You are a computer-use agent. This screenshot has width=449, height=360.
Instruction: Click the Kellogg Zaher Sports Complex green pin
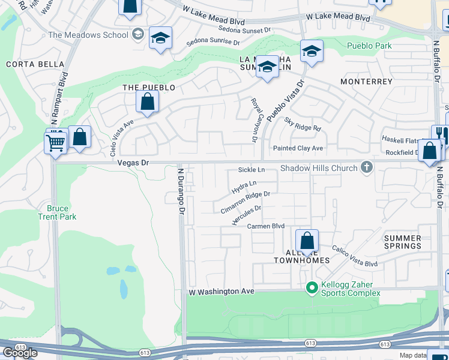coord(312,289)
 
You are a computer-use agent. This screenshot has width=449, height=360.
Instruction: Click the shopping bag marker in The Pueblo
coord(148,102)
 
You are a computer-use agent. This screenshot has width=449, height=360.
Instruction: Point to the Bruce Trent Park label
coord(57,212)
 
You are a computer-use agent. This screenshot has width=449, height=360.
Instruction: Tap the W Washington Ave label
coord(221,292)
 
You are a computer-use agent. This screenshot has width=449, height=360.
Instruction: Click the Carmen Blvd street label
coord(266,226)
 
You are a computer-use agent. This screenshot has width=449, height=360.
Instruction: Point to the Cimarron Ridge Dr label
coord(245,202)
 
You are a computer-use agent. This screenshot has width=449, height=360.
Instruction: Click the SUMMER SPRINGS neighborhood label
coord(403,242)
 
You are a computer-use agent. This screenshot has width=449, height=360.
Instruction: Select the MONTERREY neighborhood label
coord(366,81)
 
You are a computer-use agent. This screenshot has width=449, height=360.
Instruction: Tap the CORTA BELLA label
coord(27,64)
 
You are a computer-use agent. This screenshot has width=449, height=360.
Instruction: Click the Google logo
coord(20,352)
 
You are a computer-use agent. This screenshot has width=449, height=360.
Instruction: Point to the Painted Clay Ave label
coord(298,148)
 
